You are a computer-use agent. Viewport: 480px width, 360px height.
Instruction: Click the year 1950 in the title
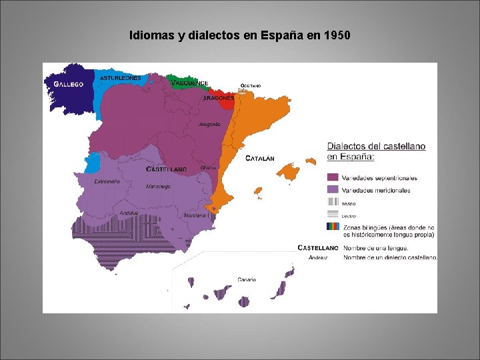[336, 34]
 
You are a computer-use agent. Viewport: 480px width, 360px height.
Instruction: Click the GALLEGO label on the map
[69, 85]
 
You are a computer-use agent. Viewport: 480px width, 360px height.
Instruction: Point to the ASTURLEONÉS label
[121, 78]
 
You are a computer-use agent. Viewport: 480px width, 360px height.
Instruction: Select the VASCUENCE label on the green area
[189, 83]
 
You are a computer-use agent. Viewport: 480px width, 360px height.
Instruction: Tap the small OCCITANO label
[251, 86]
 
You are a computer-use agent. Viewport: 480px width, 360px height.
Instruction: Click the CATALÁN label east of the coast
[260, 159]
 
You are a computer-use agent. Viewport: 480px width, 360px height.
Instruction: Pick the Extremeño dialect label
[107, 181]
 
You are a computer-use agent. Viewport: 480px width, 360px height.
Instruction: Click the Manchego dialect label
[158, 187]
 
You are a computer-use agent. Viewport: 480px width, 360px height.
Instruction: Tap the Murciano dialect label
[195, 216]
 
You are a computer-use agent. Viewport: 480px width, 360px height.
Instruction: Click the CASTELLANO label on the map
[166, 170]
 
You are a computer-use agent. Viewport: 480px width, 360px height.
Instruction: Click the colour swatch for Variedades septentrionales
[333, 178]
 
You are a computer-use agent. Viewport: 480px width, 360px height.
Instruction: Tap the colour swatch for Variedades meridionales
[333, 191]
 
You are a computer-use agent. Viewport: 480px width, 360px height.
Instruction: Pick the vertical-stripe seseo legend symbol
[333, 203]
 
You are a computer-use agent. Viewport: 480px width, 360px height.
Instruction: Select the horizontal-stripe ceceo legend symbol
[333, 215]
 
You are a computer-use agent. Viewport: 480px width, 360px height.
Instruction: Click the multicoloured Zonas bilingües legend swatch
[333, 227]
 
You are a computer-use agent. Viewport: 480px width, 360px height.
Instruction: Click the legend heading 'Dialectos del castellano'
[376, 147]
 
